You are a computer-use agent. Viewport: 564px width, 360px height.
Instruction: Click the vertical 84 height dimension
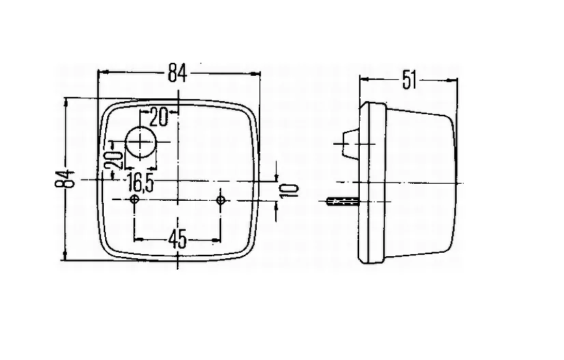[x=65, y=180]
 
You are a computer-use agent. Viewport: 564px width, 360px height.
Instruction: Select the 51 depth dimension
[x=409, y=80]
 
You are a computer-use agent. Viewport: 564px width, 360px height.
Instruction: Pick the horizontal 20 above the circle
[x=158, y=117]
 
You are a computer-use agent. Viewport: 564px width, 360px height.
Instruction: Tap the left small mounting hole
[x=135, y=200]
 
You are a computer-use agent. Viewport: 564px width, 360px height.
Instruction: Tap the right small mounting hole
[x=220, y=200]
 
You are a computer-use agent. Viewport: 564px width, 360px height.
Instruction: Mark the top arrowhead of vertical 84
[x=67, y=102]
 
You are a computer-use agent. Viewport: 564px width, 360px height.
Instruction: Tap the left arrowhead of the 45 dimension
[x=137, y=239]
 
